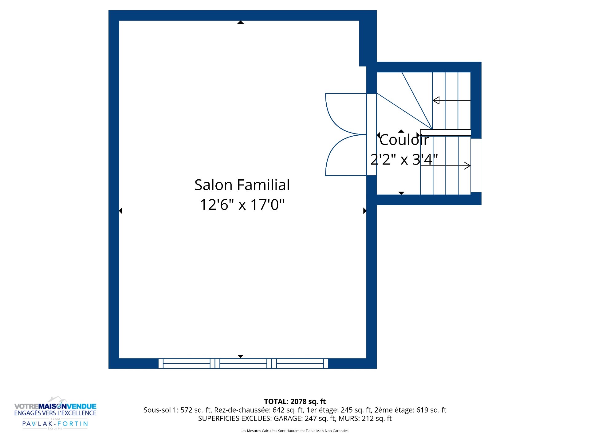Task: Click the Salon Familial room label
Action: click(242, 185)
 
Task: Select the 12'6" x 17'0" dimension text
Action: click(242, 205)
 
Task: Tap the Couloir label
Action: click(404, 140)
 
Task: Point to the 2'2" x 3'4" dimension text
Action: click(404, 159)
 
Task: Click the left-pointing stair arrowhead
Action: click(436, 100)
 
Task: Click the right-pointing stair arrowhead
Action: click(467, 166)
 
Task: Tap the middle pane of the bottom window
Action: click(243, 364)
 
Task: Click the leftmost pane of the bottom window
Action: click(187, 364)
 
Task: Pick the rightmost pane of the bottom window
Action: click(300, 364)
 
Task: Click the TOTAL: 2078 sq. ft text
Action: click(295, 401)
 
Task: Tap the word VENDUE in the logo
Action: click(81, 406)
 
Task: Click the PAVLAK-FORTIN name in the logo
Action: click(55, 424)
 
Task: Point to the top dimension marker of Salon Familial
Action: click(241, 22)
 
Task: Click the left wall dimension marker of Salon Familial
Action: click(120, 211)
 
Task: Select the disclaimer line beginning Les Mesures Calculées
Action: click(295, 431)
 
